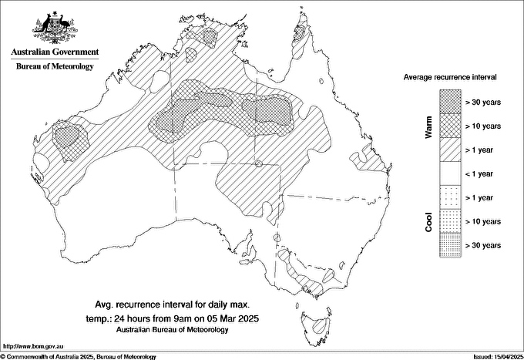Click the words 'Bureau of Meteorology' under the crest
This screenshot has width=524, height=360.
(x=55, y=66)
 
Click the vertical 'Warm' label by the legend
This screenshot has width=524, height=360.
(x=429, y=126)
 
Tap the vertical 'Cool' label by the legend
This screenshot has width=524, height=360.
(x=429, y=221)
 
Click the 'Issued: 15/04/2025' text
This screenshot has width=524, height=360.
(x=494, y=356)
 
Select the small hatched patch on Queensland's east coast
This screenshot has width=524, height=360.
(x=367, y=160)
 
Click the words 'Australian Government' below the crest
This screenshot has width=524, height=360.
(x=55, y=52)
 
